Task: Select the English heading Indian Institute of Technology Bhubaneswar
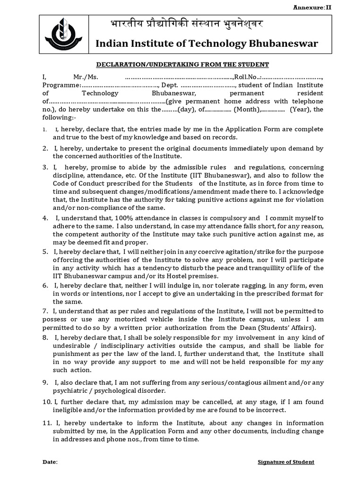[x=207, y=44]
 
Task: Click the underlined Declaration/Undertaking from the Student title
[x=182, y=64]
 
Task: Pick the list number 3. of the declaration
[x=45, y=167]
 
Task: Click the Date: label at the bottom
[x=50, y=462]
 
